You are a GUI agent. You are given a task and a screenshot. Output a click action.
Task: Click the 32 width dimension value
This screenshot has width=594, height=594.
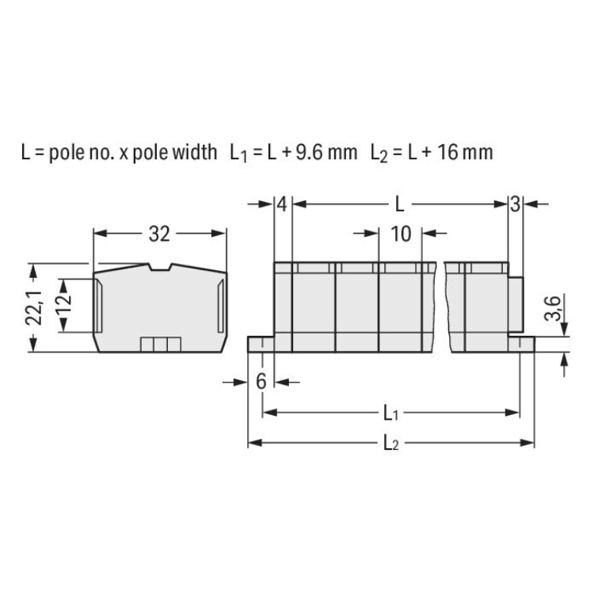pos(159,234)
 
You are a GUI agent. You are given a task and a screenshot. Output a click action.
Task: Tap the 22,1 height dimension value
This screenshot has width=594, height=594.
pos(33,307)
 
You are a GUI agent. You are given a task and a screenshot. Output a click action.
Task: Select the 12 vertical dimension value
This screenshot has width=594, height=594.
pos(63,300)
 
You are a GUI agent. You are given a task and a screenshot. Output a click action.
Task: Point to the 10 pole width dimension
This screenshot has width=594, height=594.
pos(401,234)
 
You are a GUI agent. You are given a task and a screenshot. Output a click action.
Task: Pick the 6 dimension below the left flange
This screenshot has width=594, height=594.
pos(261,381)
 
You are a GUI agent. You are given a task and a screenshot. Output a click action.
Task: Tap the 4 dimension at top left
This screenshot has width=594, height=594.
pos(282,204)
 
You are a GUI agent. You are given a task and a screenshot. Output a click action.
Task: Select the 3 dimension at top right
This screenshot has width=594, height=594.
pos(515,204)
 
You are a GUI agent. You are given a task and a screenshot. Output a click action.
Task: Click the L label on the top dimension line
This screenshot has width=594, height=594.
pos(400,204)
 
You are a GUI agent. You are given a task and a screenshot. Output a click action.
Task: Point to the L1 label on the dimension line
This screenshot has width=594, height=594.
pos(390,413)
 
